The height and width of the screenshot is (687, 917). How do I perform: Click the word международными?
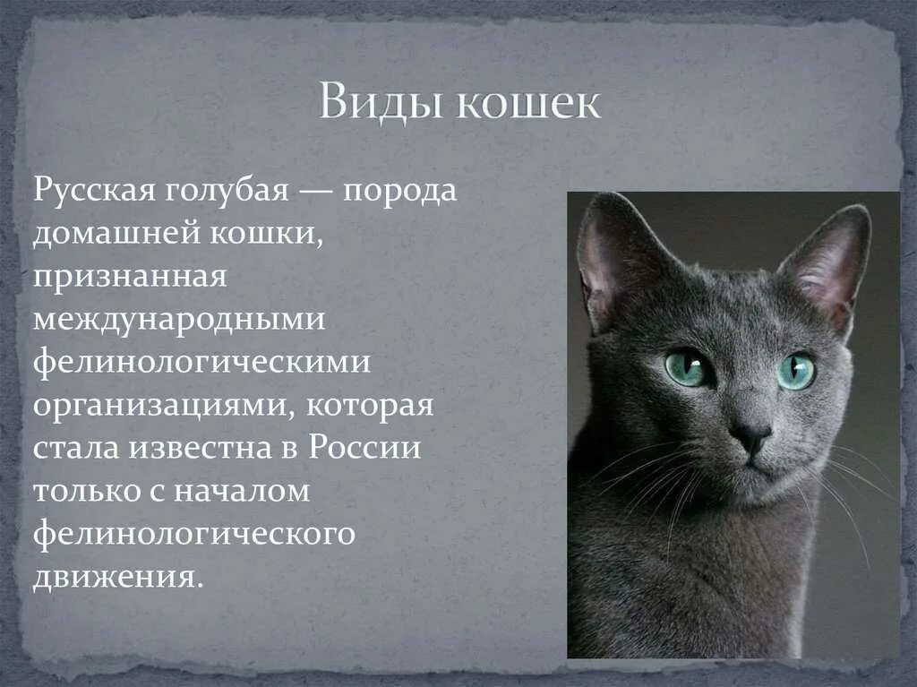pyautogui.click(x=179, y=319)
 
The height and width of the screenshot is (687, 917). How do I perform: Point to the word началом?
pyautogui.click(x=238, y=490)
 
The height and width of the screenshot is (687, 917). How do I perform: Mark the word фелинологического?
pyautogui.click(x=195, y=533)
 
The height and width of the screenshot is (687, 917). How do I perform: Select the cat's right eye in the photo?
pyautogui.click(x=796, y=371)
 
